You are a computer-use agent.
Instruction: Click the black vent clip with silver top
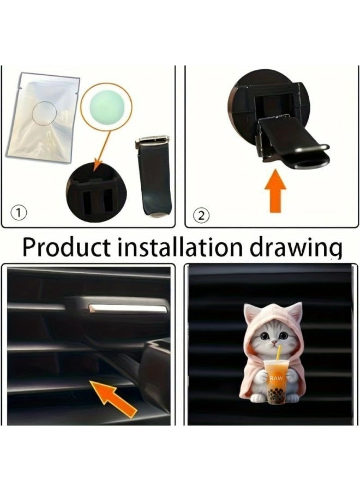coord(153,175)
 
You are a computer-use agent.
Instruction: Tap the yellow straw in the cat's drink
coord(280,355)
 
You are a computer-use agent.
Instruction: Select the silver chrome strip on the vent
coord(127,309)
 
